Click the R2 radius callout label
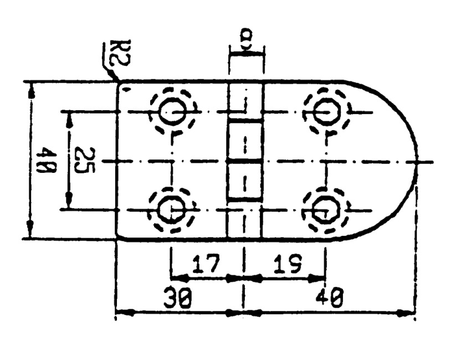click(120, 53)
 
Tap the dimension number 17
click(206, 264)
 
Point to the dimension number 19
click(288, 264)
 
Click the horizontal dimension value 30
click(177, 298)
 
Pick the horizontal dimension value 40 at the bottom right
click(329, 297)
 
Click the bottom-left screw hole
click(171, 209)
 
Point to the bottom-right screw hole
click(326, 209)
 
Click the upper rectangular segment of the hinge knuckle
click(244, 141)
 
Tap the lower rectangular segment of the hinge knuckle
click(244, 181)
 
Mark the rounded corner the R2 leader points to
click(119, 84)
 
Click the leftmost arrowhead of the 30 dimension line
click(125, 313)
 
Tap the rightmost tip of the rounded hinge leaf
click(418, 162)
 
